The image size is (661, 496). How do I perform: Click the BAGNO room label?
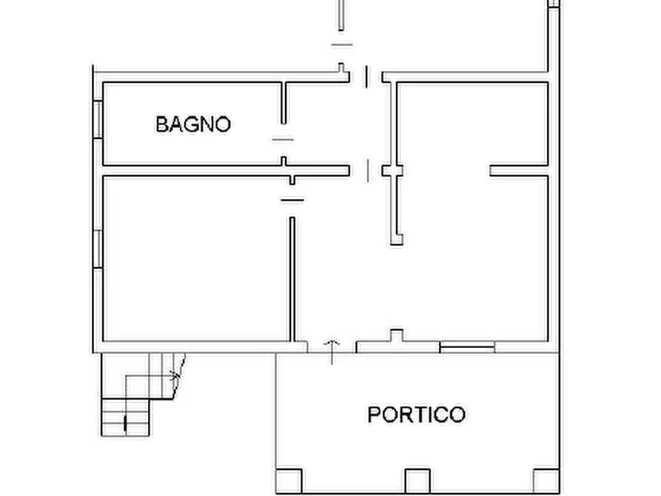coord(193,124)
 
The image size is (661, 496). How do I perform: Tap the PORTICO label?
coord(417,415)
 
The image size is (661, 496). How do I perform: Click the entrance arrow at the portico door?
coord(332,351)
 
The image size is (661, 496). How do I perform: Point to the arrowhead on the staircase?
coord(176,375)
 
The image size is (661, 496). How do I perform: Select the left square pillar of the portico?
coord(289,481)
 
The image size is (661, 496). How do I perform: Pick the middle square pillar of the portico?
coord(417,481)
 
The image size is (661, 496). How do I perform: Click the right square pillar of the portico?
coord(544,481)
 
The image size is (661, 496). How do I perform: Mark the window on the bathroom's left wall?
coord(97,118)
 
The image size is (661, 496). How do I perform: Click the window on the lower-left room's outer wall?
coord(97,249)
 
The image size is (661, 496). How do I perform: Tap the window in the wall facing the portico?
coord(467,346)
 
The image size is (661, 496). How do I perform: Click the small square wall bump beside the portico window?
coord(397,335)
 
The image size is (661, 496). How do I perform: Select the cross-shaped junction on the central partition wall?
coord(393,171)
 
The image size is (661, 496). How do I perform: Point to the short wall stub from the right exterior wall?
coord(519,171)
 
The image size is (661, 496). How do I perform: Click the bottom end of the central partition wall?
coord(397,238)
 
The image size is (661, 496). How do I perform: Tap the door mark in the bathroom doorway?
coord(283,138)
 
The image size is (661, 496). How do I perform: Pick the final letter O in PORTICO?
coord(457,415)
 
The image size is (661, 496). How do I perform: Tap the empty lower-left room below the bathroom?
coord(194,259)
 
